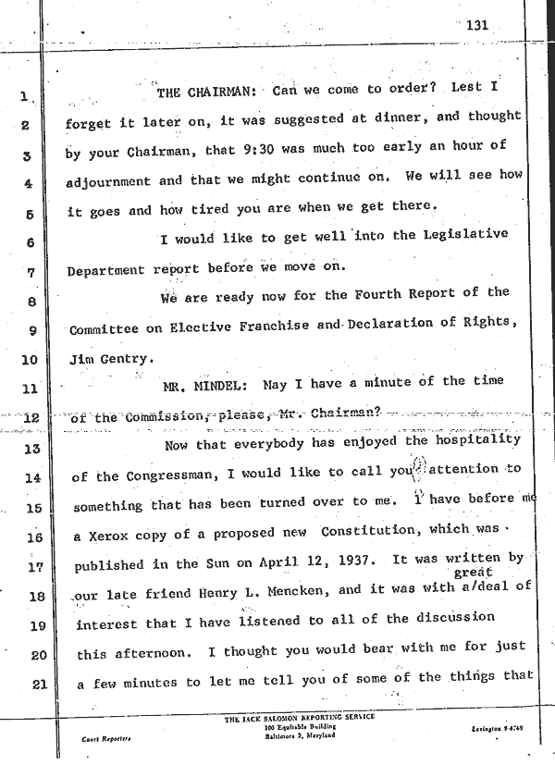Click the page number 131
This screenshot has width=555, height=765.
[476, 26]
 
